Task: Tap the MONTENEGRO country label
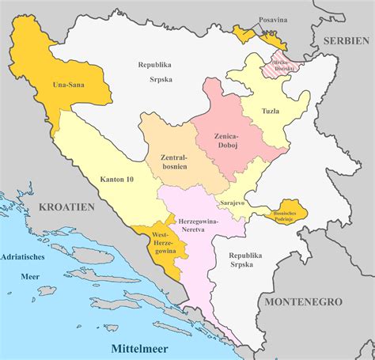click(x=303, y=302)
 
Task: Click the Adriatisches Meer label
click(x=25, y=264)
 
